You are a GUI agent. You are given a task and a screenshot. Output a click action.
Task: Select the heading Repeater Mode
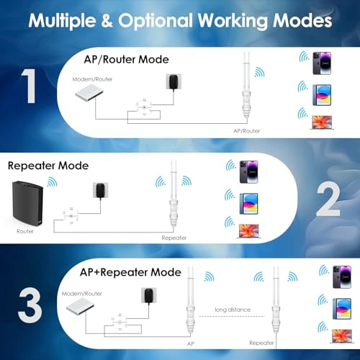point(48,165)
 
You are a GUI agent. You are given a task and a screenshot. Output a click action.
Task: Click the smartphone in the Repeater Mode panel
point(248,171)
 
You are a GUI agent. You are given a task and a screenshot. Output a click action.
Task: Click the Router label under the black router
point(25,233)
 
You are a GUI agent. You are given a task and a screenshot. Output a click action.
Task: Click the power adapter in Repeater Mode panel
point(99,192)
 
